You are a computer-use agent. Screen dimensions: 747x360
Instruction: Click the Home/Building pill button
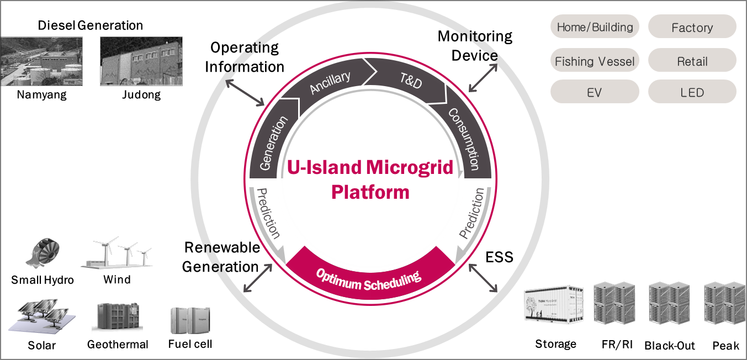click(x=595, y=27)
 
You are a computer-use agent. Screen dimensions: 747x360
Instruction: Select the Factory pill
click(x=692, y=27)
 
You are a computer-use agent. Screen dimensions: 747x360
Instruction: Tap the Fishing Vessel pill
click(x=595, y=60)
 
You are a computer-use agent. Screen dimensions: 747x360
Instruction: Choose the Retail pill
click(x=692, y=60)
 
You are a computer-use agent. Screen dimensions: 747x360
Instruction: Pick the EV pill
click(x=595, y=92)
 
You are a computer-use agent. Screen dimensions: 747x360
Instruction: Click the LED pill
click(x=692, y=92)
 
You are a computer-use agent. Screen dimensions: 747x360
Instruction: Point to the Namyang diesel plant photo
click(x=41, y=61)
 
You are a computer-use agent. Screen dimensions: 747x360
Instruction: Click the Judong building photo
click(x=141, y=61)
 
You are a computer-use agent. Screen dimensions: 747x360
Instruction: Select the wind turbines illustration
click(x=116, y=252)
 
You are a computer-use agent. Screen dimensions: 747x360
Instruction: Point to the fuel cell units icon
click(x=190, y=321)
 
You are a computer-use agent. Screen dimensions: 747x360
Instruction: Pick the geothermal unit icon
click(x=118, y=316)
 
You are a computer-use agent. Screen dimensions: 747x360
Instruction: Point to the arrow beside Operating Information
click(x=245, y=93)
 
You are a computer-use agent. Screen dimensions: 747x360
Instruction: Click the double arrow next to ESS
click(x=483, y=278)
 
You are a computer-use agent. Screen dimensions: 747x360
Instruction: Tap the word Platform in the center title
click(x=370, y=193)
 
